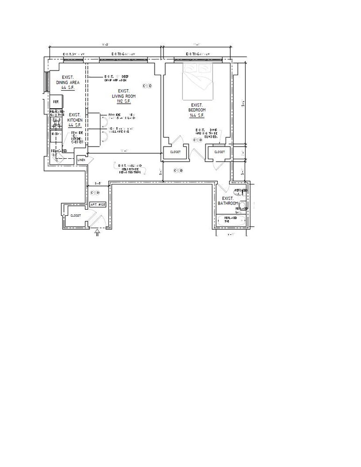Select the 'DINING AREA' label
click(68, 82)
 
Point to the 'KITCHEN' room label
click(75, 120)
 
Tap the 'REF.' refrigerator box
click(56, 101)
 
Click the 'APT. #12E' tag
click(98, 205)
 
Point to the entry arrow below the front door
click(97, 232)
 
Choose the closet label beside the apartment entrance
click(75, 216)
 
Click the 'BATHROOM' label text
click(228, 203)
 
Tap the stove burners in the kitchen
click(57, 122)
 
